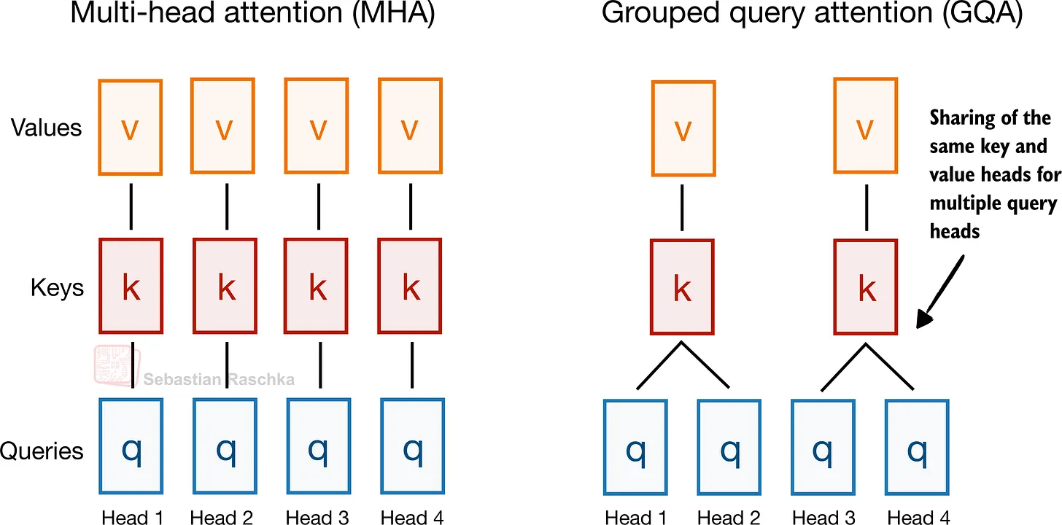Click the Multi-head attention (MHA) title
pos(252,15)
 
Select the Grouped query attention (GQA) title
pos(811,15)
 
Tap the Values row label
pos(47,128)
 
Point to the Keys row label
pos(57,288)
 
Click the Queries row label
pos(42,451)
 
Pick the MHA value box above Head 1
pos(130,128)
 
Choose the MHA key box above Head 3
pos(317,289)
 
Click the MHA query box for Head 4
pos(412,450)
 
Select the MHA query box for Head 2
pos(225,450)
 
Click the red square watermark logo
pos(115,364)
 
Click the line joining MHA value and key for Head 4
pos(411,207)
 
